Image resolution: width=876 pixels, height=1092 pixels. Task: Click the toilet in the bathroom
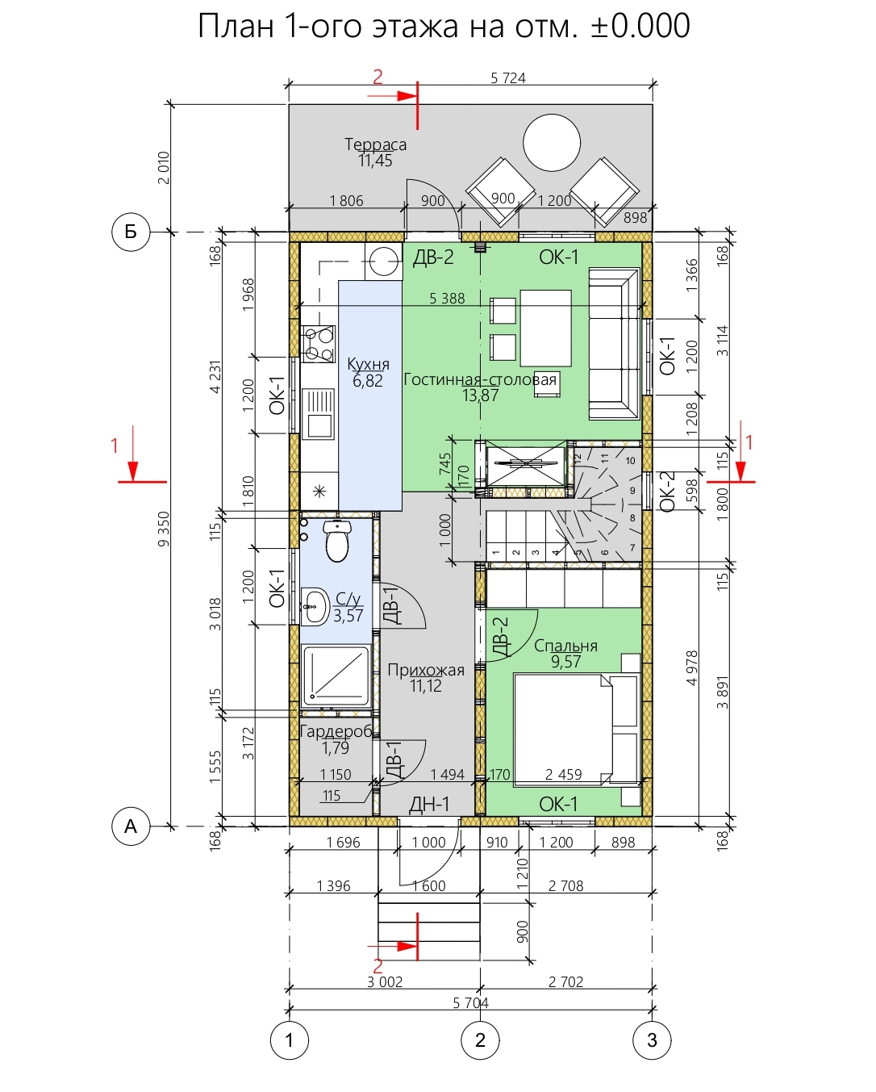[337, 540]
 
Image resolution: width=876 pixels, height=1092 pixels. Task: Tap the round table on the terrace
[552, 143]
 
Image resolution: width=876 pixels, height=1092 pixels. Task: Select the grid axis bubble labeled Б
[131, 232]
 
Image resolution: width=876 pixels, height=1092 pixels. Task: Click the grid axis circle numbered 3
[652, 1040]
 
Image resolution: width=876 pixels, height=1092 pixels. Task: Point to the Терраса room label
[375, 144]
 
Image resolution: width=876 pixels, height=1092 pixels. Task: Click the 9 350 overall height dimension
[164, 529]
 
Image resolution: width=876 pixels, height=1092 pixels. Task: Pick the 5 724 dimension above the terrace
[508, 77]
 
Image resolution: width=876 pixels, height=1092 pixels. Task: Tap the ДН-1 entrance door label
[429, 804]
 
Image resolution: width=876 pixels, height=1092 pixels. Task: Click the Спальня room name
[565, 646]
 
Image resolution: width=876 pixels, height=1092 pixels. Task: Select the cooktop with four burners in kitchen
[318, 344]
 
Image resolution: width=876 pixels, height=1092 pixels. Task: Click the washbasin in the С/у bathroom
[315, 607]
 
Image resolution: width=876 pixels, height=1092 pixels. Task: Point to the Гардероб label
[336, 731]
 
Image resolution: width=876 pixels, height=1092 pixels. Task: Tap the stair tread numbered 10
[630, 461]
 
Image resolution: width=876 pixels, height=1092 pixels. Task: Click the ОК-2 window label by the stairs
[668, 491]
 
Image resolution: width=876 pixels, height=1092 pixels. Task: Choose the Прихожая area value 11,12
[426, 686]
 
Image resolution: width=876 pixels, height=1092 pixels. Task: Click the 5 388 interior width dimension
[447, 299]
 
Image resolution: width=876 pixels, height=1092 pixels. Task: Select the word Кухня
[369, 364]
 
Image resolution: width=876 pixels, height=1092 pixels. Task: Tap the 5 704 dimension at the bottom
[471, 1002]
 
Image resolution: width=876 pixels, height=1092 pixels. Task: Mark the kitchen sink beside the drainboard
[318, 425]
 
